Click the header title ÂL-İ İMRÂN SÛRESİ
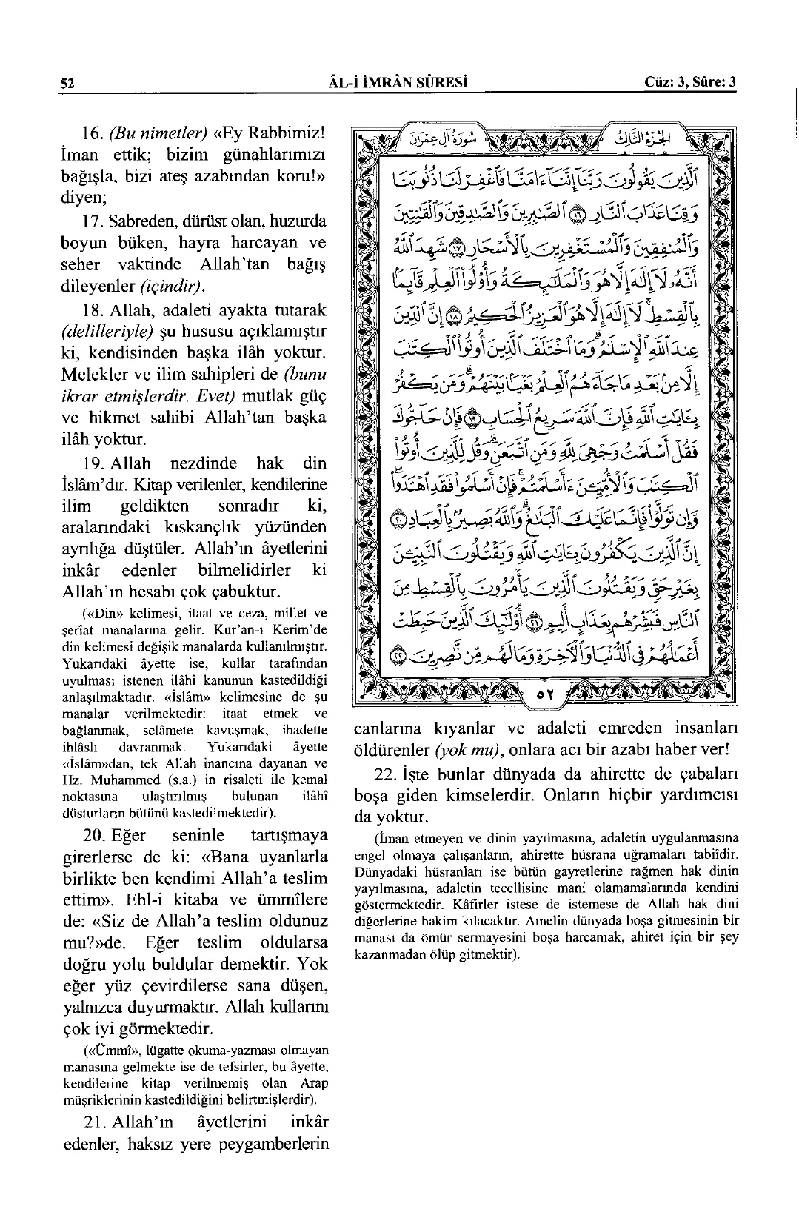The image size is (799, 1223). click(401, 81)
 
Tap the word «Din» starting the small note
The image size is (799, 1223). click(97, 614)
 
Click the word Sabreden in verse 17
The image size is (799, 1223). click(147, 221)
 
